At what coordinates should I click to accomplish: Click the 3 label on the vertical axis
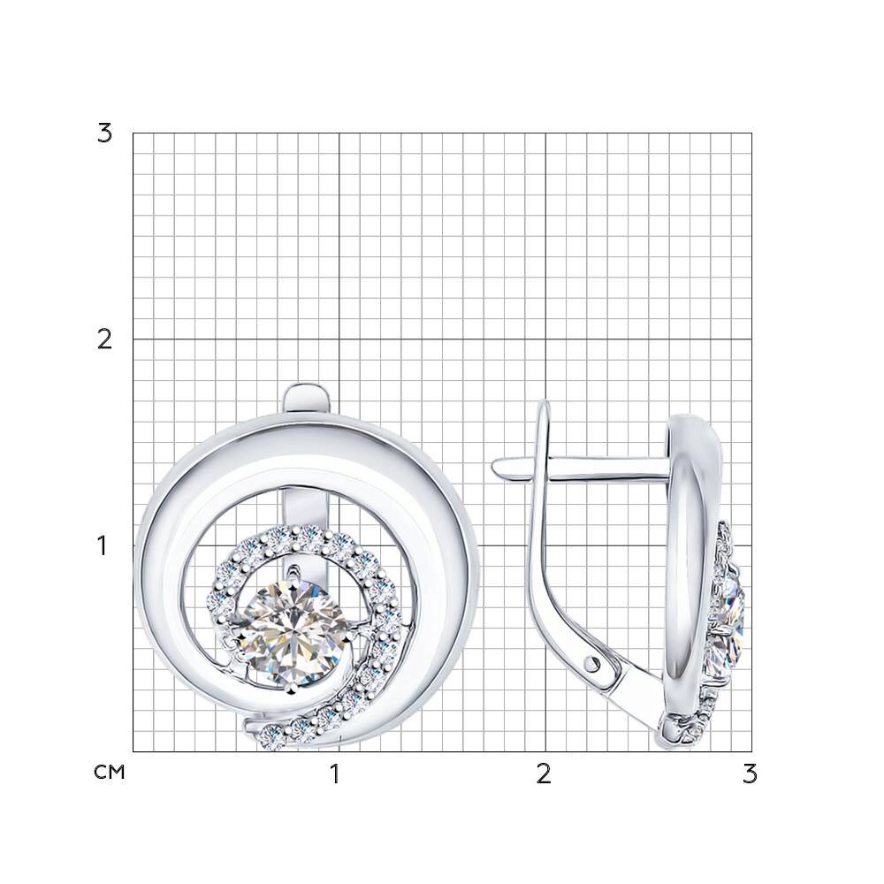coord(105,133)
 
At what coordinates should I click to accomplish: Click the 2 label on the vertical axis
coord(105,339)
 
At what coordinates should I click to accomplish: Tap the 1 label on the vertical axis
coord(102,545)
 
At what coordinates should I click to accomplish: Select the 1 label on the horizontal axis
coord(335,774)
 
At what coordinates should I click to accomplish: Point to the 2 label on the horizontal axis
coord(544,774)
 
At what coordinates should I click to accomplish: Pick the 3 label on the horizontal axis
coord(750,774)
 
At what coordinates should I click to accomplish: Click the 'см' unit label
coord(110,773)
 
